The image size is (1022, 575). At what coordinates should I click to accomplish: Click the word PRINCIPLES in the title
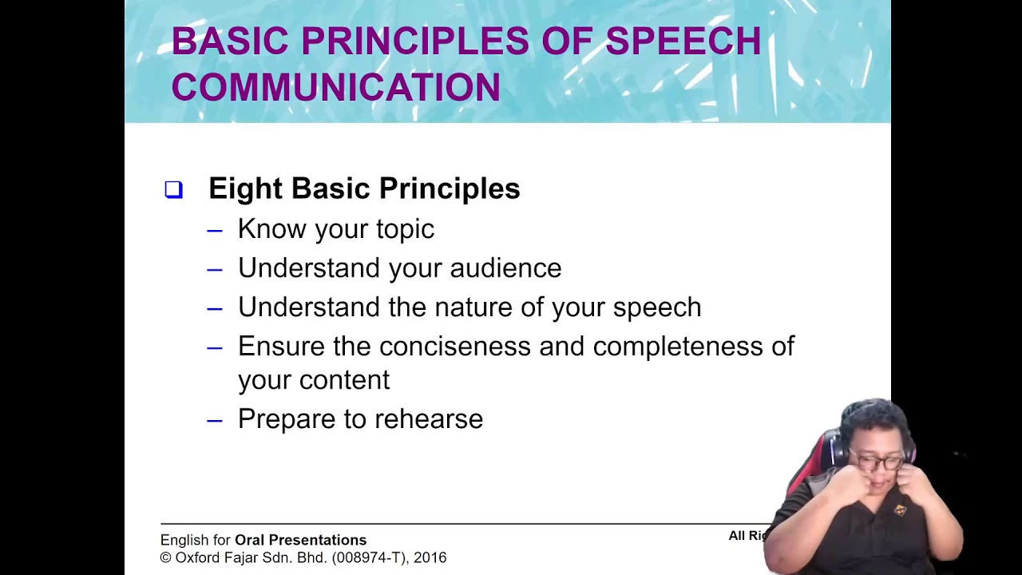pyautogui.click(x=415, y=42)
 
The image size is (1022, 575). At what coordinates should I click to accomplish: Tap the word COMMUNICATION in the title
pyautogui.click(x=335, y=87)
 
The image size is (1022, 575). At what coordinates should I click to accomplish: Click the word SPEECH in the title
pyautogui.click(x=683, y=42)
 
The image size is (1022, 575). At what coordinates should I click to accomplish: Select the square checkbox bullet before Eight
pyautogui.click(x=173, y=189)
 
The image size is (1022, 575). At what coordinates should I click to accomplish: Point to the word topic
pyautogui.click(x=405, y=230)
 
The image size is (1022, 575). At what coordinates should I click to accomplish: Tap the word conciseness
pyautogui.click(x=454, y=347)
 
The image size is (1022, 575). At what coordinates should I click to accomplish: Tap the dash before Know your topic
pyautogui.click(x=214, y=231)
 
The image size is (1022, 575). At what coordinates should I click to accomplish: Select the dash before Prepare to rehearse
pyautogui.click(x=214, y=420)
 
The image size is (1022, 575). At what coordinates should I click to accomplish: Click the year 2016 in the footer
pyautogui.click(x=430, y=557)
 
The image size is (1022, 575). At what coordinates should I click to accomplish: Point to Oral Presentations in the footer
pyautogui.click(x=300, y=541)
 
